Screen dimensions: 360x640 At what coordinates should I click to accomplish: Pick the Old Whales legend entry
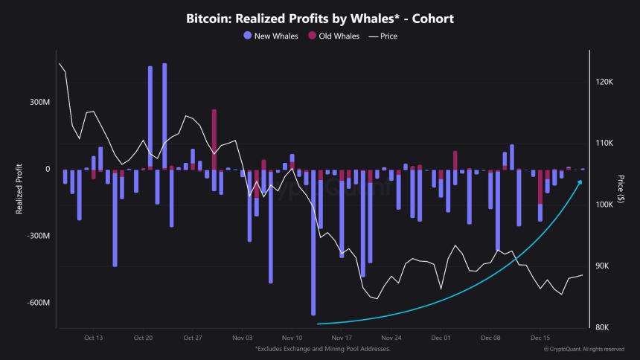point(334,36)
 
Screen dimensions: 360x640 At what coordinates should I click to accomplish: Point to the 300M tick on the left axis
point(39,102)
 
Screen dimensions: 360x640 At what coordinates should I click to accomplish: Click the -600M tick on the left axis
point(38,303)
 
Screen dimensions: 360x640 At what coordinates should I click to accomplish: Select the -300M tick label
point(38,236)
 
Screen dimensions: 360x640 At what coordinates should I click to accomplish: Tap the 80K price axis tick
point(603,327)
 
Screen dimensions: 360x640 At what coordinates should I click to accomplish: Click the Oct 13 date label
point(94,337)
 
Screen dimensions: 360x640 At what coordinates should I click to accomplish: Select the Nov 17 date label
point(342,337)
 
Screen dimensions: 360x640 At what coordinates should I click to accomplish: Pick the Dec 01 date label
point(441,337)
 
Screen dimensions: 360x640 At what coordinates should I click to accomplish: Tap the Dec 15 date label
point(540,337)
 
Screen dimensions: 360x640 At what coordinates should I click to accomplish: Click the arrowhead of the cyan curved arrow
point(580,181)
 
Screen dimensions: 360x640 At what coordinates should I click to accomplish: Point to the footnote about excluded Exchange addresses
point(321,348)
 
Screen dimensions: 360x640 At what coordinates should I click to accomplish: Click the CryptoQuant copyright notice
point(584,348)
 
